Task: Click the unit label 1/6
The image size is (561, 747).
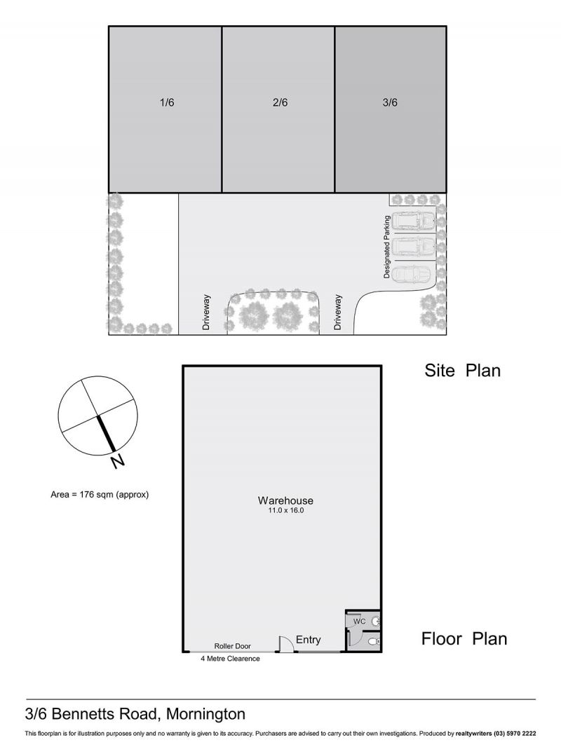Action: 167,102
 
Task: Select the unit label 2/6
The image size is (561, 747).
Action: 280,102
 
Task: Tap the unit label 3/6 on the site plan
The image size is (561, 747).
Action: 390,102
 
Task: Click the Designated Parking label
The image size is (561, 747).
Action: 387,247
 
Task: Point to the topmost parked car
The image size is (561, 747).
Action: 414,221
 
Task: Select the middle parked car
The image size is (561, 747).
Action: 414,246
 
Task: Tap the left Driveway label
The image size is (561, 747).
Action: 206,313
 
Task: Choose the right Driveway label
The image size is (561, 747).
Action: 338,313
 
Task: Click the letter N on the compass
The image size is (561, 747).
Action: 117,461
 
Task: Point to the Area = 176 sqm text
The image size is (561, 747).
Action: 100,495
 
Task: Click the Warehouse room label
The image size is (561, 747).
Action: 285,500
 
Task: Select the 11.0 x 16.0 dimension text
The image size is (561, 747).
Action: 285,510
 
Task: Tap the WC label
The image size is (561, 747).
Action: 359,622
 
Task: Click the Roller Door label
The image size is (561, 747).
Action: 233,646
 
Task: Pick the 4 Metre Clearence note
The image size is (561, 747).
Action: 230,659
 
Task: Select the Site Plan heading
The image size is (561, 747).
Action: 463,370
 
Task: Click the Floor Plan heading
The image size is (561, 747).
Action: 464,638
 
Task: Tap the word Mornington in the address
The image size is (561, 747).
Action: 206,713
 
